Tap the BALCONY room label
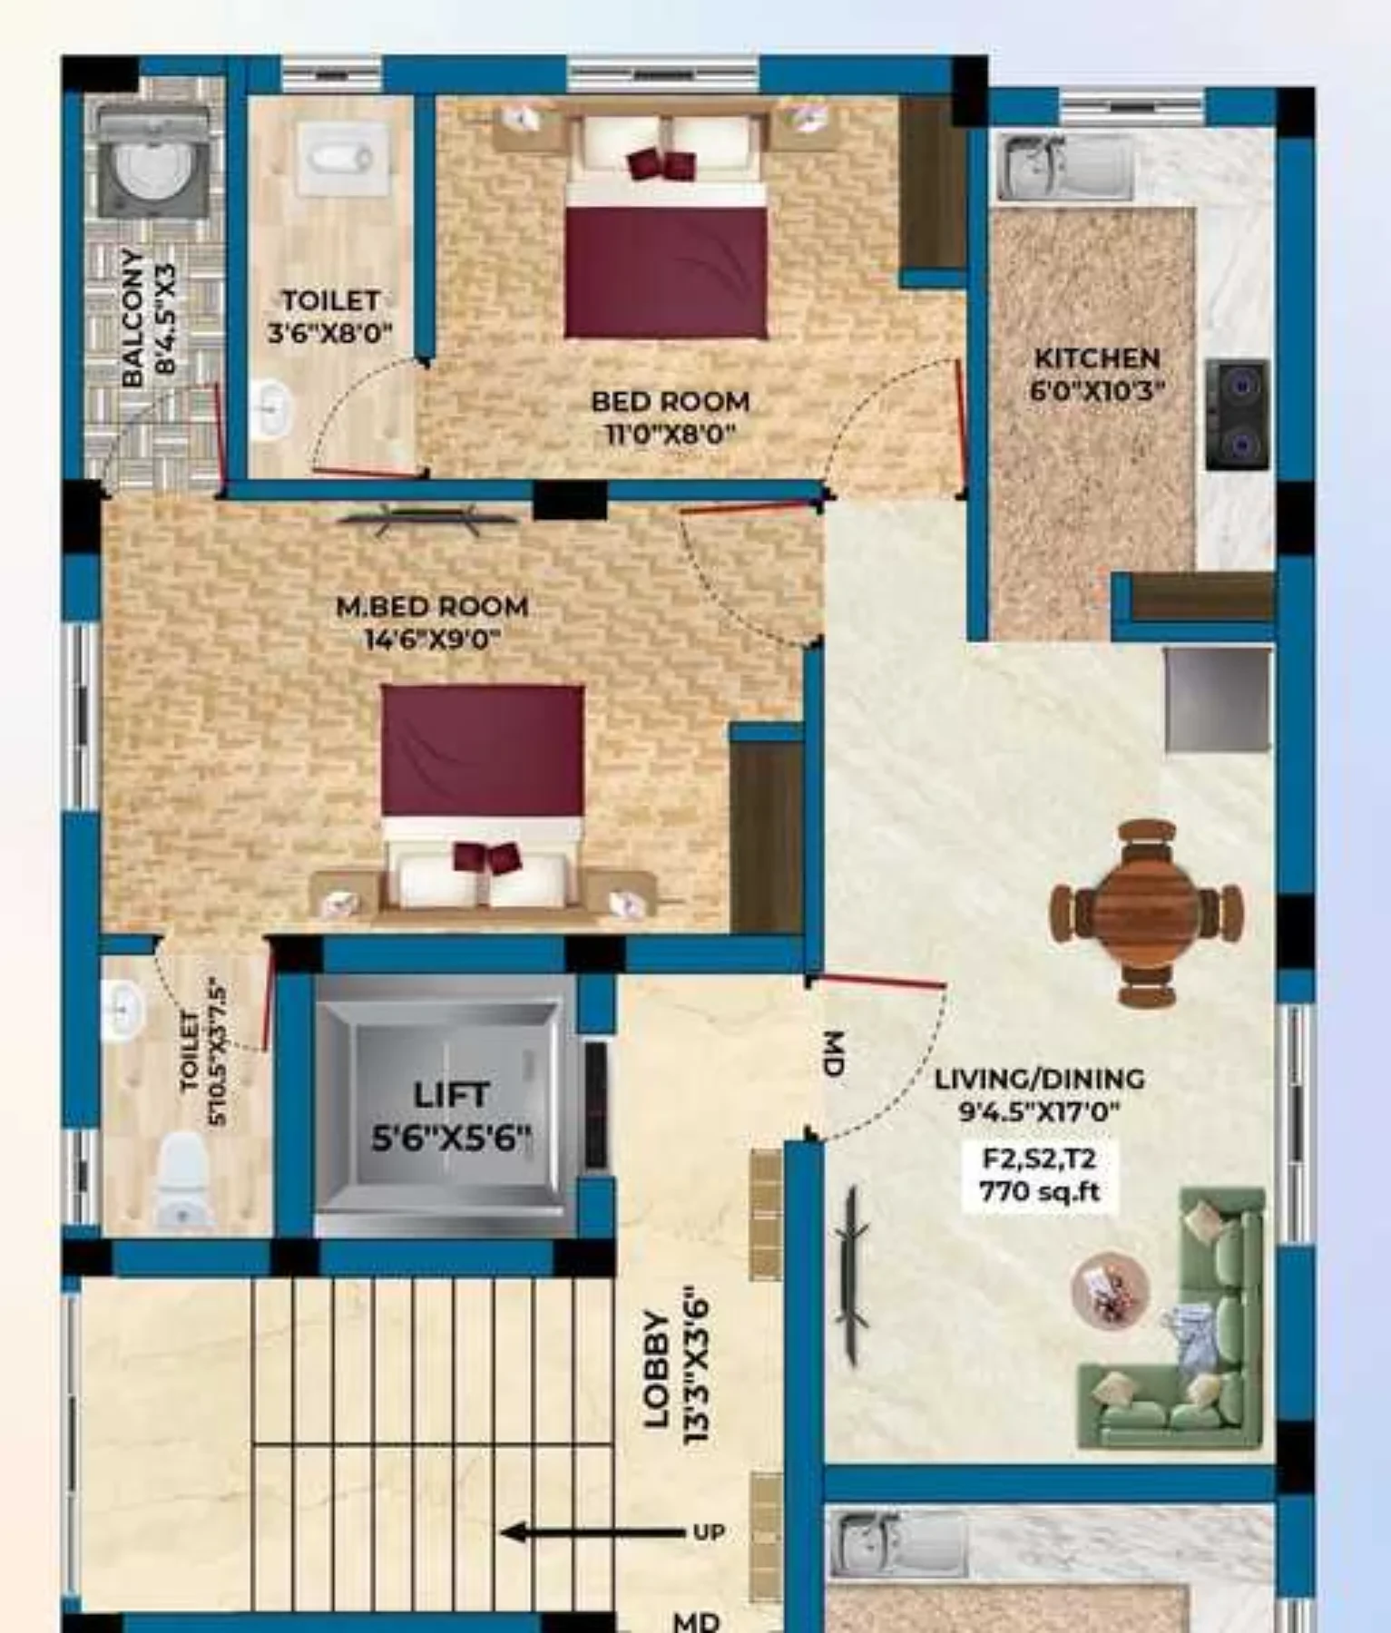[132, 318]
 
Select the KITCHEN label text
[1097, 357]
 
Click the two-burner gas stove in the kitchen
[1237, 414]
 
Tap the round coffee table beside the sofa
[1110, 1289]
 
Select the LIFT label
[451, 1095]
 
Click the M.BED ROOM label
[432, 606]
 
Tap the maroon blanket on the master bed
[483, 750]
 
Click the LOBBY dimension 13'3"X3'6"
[696, 1365]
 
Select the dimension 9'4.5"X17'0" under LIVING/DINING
[1040, 1110]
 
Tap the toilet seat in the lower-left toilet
[182, 1181]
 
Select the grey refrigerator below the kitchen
[1218, 699]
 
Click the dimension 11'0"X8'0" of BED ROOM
[670, 434]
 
